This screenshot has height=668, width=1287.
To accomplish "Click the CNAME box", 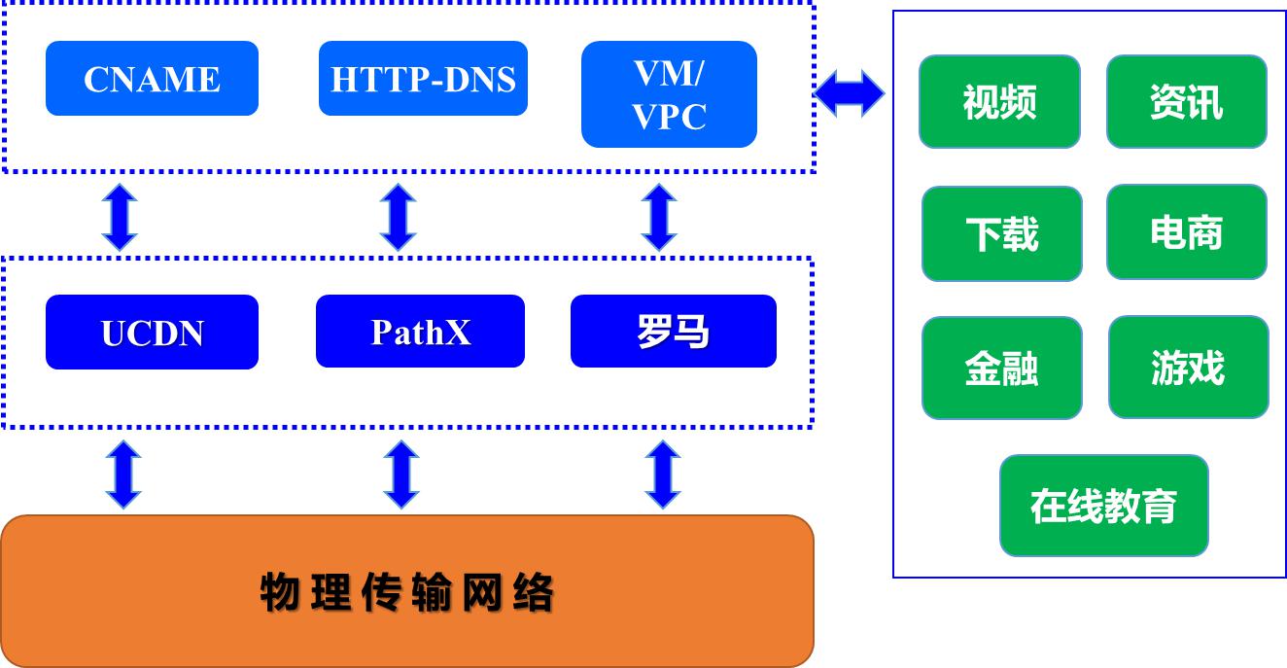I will pos(152,79).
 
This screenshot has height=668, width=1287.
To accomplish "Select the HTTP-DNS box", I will pos(423,79).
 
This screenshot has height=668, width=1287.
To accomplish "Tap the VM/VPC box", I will pos(669,94).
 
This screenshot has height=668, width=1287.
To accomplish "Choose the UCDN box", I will pos(152,333).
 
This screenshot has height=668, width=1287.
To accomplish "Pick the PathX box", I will pos(420,332).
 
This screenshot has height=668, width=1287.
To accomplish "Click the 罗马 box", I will pos(673,332).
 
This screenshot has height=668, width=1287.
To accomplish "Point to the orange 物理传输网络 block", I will pos(407,591).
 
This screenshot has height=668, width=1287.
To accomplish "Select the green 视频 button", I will pos(999,102).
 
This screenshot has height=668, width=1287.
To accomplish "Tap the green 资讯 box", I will pos(1186,102).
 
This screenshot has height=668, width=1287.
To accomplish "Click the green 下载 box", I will pos(1001,233).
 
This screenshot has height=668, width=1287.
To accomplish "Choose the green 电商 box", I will pos(1186,232).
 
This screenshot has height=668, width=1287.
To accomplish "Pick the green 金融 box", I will pos(1001,369).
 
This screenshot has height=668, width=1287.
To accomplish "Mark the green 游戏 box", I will pos(1188,368).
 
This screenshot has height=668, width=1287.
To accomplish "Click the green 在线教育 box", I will pos(1103,506).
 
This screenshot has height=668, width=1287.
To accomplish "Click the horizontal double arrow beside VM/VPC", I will pos(849,94).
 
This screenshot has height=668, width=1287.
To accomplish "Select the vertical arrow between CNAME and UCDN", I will pos(121,217).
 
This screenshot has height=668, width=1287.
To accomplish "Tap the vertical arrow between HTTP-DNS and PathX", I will pos(398,217).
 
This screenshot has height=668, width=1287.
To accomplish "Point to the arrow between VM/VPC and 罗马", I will pos(660,217).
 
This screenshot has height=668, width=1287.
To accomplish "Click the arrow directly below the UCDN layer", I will pos(123,475).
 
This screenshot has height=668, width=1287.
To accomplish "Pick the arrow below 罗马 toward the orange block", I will pos(663,475).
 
